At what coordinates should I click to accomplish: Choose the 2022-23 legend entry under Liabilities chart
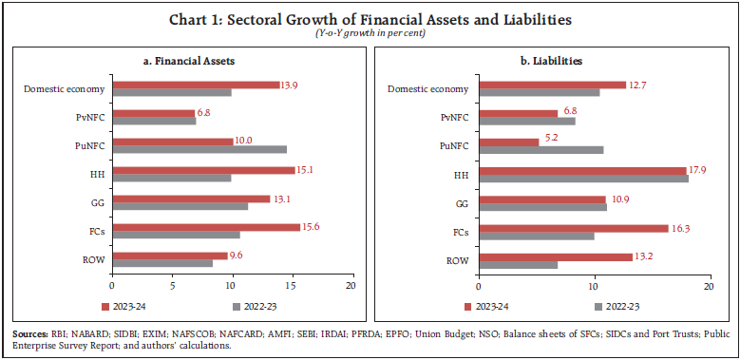coord(623,306)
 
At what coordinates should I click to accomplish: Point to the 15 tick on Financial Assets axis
coord(292,285)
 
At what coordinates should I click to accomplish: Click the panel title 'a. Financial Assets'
coord(188,60)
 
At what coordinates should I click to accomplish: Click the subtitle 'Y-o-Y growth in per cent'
coord(370,34)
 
